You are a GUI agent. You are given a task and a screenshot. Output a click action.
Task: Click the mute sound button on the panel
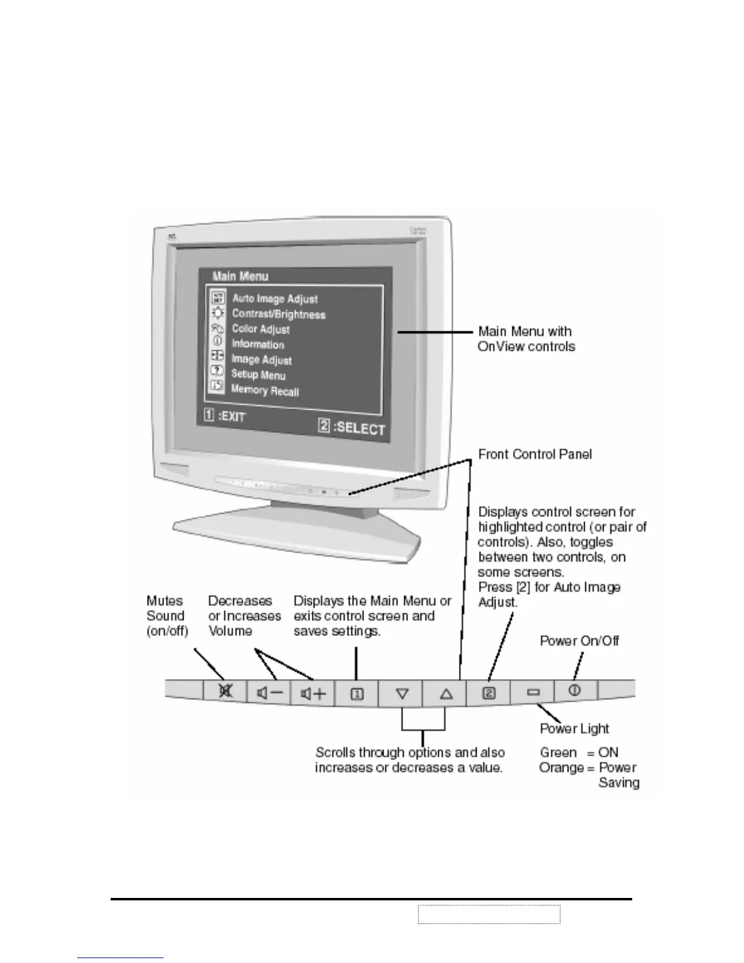tap(226, 691)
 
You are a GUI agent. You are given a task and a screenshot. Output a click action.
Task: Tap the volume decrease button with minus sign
tap(270, 692)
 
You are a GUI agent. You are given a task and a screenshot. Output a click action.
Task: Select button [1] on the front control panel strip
tap(357, 693)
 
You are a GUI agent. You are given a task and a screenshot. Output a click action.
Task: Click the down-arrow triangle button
tap(402, 693)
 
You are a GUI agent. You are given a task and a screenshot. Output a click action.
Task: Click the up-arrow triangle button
tap(446, 693)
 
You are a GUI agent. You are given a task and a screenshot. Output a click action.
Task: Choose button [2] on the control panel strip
tap(489, 692)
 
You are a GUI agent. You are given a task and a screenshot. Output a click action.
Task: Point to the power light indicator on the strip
tap(533, 692)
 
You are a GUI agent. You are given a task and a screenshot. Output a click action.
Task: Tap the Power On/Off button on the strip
tap(574, 690)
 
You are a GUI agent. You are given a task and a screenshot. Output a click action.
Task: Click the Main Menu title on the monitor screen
tap(240, 277)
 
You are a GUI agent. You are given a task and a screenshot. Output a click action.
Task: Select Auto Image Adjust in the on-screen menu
tap(275, 299)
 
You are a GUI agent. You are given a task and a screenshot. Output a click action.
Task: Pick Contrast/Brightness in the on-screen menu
tap(278, 314)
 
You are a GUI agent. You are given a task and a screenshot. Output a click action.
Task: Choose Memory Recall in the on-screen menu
tap(265, 390)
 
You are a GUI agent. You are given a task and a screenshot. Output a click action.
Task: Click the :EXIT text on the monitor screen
tap(232, 417)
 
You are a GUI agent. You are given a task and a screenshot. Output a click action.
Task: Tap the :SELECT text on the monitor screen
tap(359, 427)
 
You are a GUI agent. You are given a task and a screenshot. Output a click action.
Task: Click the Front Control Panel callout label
tap(535, 454)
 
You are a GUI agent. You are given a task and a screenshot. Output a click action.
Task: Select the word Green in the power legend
tap(558, 753)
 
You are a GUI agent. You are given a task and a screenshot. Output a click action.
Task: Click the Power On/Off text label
tap(579, 641)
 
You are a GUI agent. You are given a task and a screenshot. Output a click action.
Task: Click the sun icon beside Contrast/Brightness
tap(218, 313)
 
